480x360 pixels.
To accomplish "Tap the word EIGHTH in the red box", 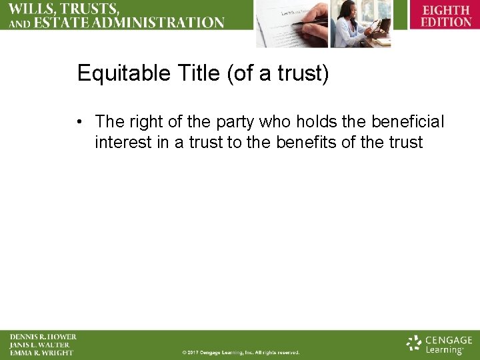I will point(446,11).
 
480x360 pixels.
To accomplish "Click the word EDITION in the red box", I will point(446,21).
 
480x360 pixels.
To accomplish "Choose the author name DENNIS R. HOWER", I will point(43,337).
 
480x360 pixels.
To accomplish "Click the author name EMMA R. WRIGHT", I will point(41,353).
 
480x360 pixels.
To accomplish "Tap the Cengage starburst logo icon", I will point(415,343).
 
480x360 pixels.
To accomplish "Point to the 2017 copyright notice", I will point(241,352).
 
